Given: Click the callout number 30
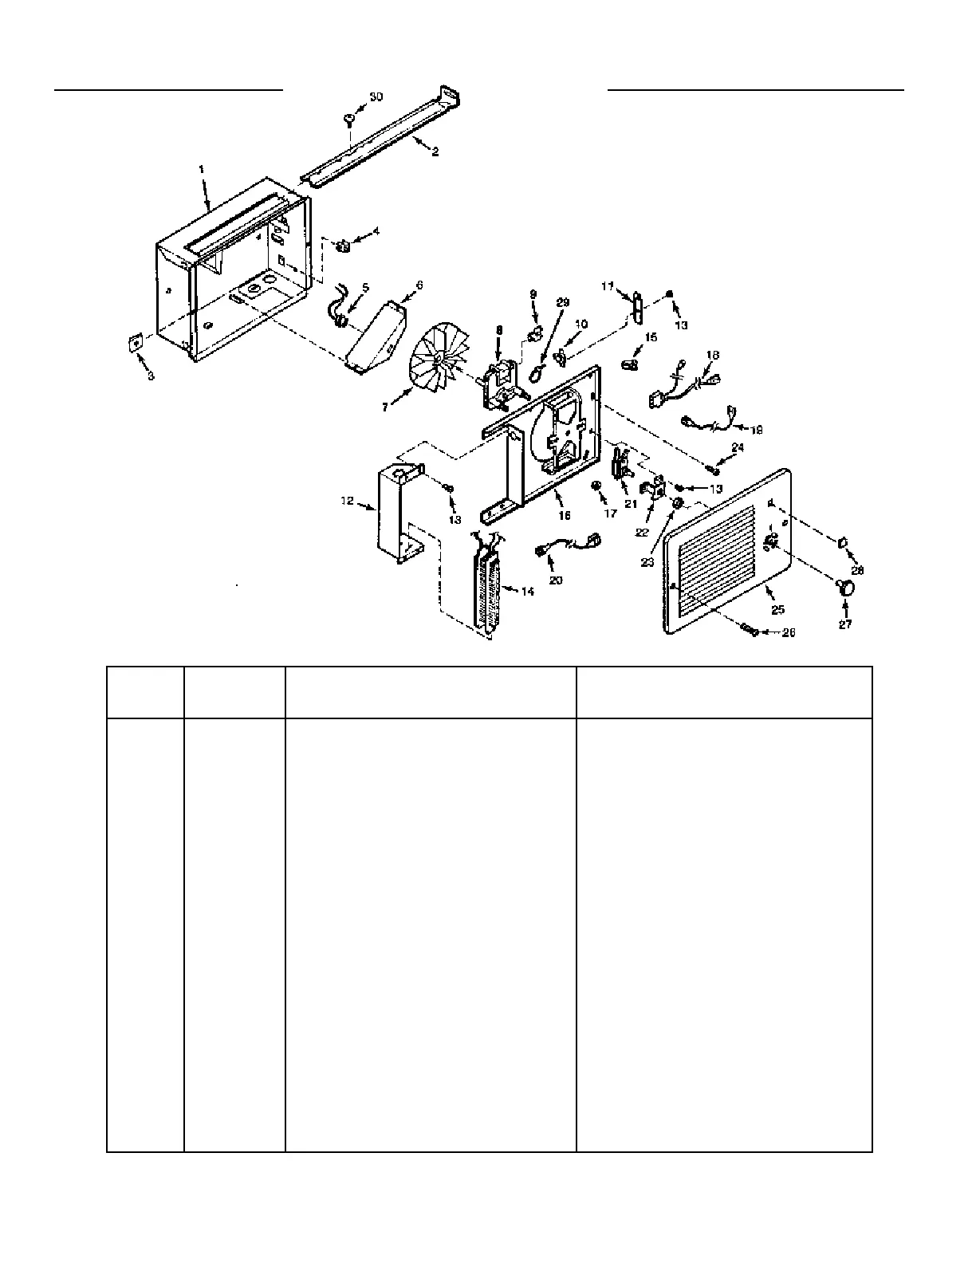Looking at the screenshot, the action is (x=376, y=96).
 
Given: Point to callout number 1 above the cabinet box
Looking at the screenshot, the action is (x=202, y=169).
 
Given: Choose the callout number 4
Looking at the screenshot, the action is (x=376, y=232).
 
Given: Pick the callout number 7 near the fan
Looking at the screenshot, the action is (x=385, y=407).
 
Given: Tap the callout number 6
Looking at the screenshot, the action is (x=419, y=285).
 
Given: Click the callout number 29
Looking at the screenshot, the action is (x=563, y=302).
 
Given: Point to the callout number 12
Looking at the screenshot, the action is (x=346, y=501).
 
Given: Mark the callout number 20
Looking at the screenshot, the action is (x=556, y=580).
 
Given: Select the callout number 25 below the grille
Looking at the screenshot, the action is (x=777, y=609).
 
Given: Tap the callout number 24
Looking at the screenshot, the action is (x=738, y=448).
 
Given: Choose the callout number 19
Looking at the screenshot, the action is (x=756, y=429).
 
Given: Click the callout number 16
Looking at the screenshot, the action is (x=564, y=516).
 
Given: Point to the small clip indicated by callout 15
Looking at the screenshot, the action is (x=629, y=364).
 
